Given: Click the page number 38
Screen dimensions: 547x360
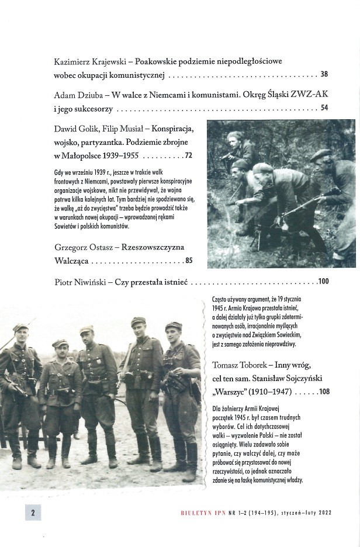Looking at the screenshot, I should click(x=324, y=75).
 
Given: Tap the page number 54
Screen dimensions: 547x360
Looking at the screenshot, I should click(x=324, y=108).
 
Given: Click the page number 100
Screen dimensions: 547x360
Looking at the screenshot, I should click(x=324, y=282).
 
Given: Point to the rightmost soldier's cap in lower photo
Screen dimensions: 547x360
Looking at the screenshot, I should click(x=174, y=326).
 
